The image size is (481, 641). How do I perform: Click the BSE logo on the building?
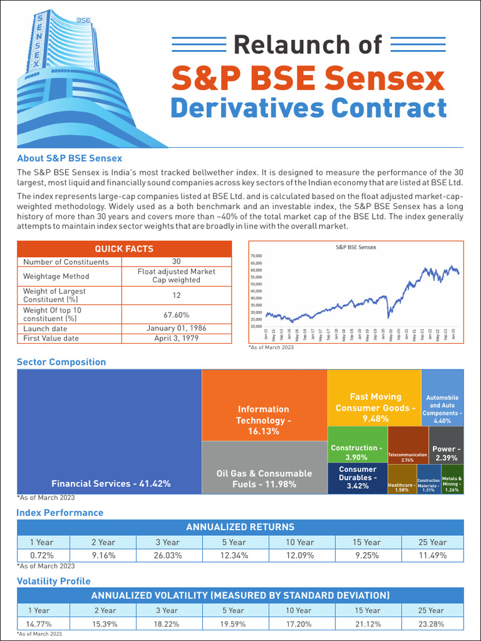(83, 20)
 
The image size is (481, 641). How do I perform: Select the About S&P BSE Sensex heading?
(70, 158)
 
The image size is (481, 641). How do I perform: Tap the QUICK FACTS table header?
(123, 249)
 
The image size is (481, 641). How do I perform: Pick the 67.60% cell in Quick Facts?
(177, 315)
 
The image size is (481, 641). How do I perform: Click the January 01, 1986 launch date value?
(177, 328)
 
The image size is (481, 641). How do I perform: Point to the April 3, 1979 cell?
(177, 338)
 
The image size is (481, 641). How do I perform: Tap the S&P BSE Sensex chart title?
(356, 247)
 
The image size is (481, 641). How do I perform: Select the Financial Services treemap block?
(110, 432)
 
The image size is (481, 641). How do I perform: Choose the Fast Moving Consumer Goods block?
(375, 397)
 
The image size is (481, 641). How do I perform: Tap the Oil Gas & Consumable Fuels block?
(264, 468)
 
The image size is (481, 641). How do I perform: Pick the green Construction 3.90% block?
(357, 444)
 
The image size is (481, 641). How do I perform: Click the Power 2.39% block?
(446, 444)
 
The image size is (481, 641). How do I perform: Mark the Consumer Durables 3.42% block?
(357, 478)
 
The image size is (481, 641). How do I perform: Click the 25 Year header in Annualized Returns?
(432, 542)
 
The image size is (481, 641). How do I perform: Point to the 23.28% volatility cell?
(432, 623)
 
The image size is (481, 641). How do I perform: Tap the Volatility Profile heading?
(54, 581)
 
